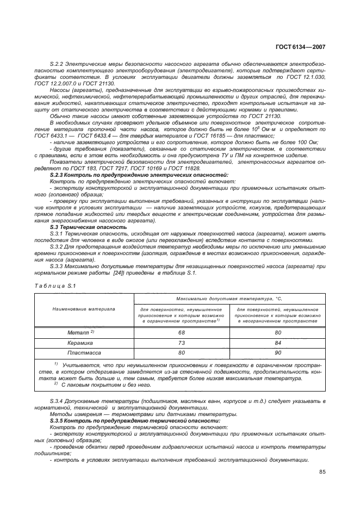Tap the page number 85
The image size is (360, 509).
(x=322, y=472)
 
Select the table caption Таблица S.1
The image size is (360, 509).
(x=50, y=285)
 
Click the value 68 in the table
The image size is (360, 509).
(x=181, y=332)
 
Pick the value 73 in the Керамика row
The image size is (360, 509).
(x=181, y=343)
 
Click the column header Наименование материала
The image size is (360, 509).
(x=84, y=309)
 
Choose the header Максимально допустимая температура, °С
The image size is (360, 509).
(x=229, y=299)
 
